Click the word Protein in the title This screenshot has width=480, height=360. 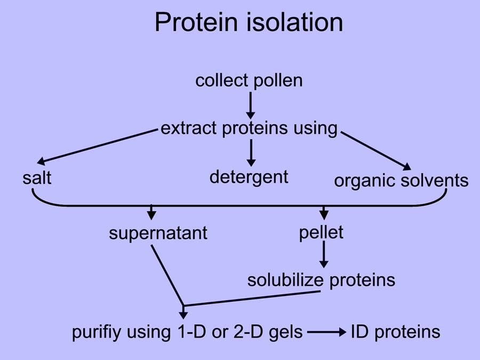tap(196, 22)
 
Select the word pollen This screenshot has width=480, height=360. tap(278, 82)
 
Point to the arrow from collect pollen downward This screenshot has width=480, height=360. tap(251, 105)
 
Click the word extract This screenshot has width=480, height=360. tap(189, 128)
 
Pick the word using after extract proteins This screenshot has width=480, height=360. tap(315, 129)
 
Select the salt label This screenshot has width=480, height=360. tap(37, 178)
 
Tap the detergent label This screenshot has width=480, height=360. tap(249, 178)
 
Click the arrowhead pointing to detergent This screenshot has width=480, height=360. tap(251, 162)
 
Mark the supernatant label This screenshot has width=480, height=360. tap(158, 234)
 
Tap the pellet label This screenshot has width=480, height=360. tap(321, 233)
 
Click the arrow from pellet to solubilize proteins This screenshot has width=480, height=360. tap(324, 254)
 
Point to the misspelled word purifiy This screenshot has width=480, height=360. tap(97, 332)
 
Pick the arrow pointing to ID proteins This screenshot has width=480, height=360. tap(326, 332)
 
